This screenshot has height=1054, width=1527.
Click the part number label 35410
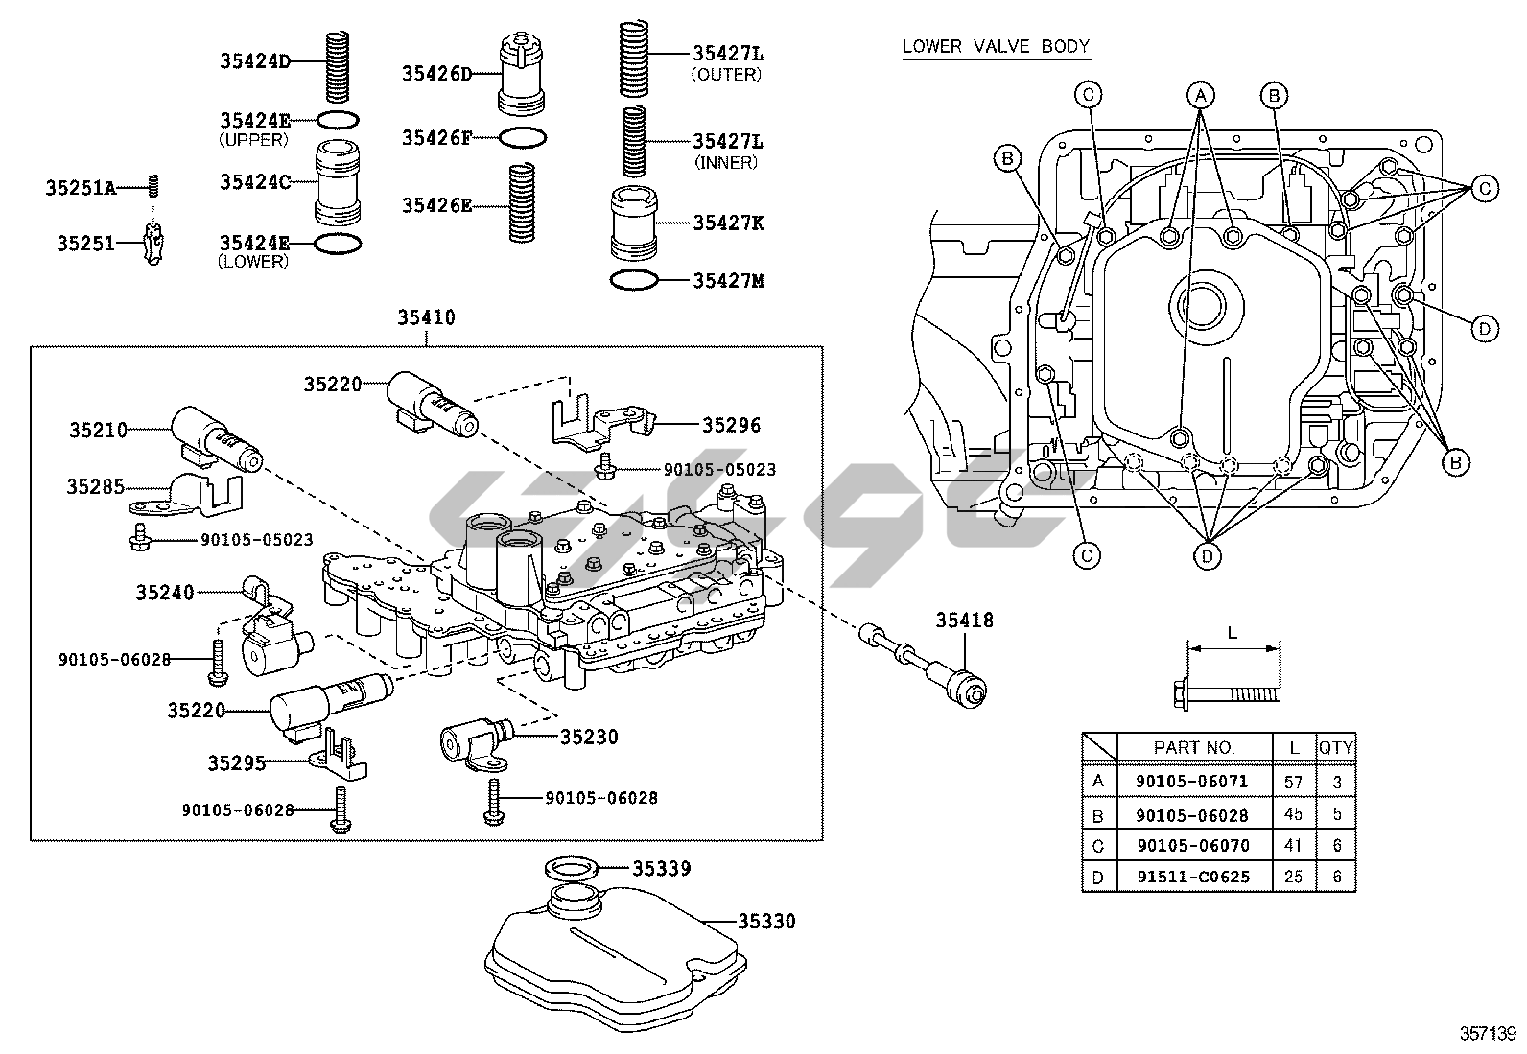(x=427, y=317)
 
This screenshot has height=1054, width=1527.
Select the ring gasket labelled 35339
(x=573, y=869)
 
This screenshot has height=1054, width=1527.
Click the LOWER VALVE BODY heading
(x=996, y=46)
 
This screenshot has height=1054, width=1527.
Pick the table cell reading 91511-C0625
(x=1192, y=877)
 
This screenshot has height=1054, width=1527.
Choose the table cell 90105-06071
(x=1192, y=782)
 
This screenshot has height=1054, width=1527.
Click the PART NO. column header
(x=1194, y=747)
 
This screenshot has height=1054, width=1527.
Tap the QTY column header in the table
(x=1336, y=747)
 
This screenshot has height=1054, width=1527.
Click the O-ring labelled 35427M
(x=634, y=281)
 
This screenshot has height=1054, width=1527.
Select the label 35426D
(x=437, y=73)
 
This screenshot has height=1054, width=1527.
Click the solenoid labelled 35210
(x=216, y=439)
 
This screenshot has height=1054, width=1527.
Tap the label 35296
(x=731, y=424)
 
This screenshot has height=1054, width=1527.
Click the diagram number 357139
(x=1488, y=1033)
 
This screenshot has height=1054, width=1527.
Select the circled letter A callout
(x=1199, y=94)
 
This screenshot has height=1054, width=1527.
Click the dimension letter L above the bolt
(x=1233, y=633)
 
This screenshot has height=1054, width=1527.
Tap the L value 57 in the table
(x=1293, y=782)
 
